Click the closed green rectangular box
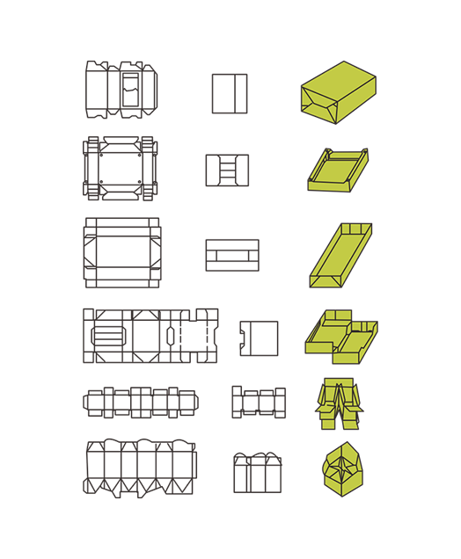click(x=338, y=92)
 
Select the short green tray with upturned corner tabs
click(x=337, y=171)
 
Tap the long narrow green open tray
click(x=340, y=255)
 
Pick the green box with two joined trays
click(x=340, y=336)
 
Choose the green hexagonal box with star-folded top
click(x=342, y=469)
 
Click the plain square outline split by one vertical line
click(x=229, y=93)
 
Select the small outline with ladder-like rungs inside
click(x=227, y=170)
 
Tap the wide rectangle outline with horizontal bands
click(x=231, y=255)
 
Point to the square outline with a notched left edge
click(x=259, y=338)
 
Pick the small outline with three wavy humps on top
click(x=257, y=473)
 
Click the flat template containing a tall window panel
click(x=121, y=90)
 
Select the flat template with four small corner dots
click(x=120, y=167)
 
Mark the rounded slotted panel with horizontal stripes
click(x=108, y=337)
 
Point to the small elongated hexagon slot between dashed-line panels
click(x=170, y=336)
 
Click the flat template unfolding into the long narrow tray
click(x=121, y=252)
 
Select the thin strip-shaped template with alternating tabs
click(x=140, y=403)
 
